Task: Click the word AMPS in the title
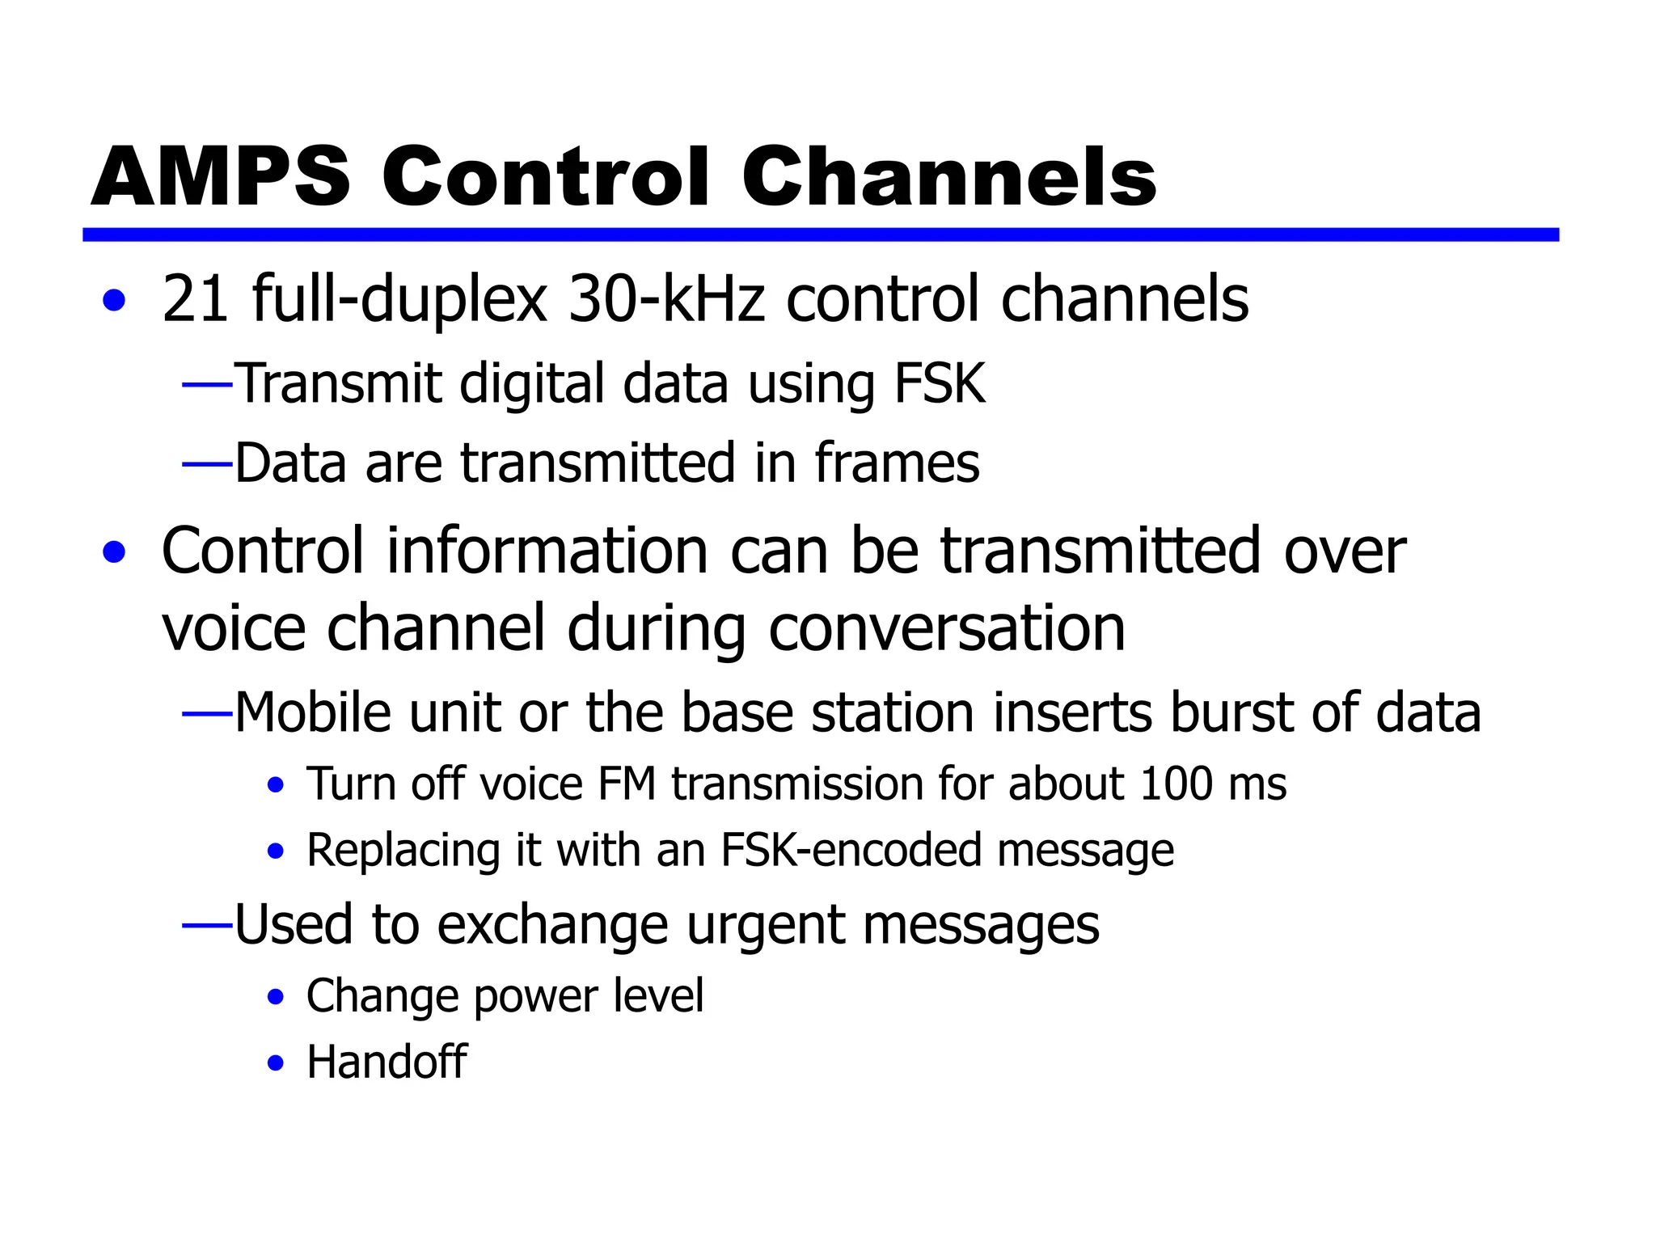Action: click(220, 177)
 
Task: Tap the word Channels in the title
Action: click(948, 177)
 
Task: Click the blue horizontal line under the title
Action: click(820, 234)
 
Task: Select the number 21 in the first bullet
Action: click(195, 299)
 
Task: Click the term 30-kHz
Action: click(666, 299)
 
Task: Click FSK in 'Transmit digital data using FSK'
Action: click(940, 383)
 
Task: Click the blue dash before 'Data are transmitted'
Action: click(208, 464)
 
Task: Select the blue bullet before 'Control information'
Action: click(115, 553)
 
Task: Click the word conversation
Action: click(946, 629)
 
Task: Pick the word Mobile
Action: click(312, 712)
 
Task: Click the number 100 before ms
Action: click(1176, 784)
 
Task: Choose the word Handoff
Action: click(387, 1062)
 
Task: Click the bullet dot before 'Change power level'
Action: click(276, 997)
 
